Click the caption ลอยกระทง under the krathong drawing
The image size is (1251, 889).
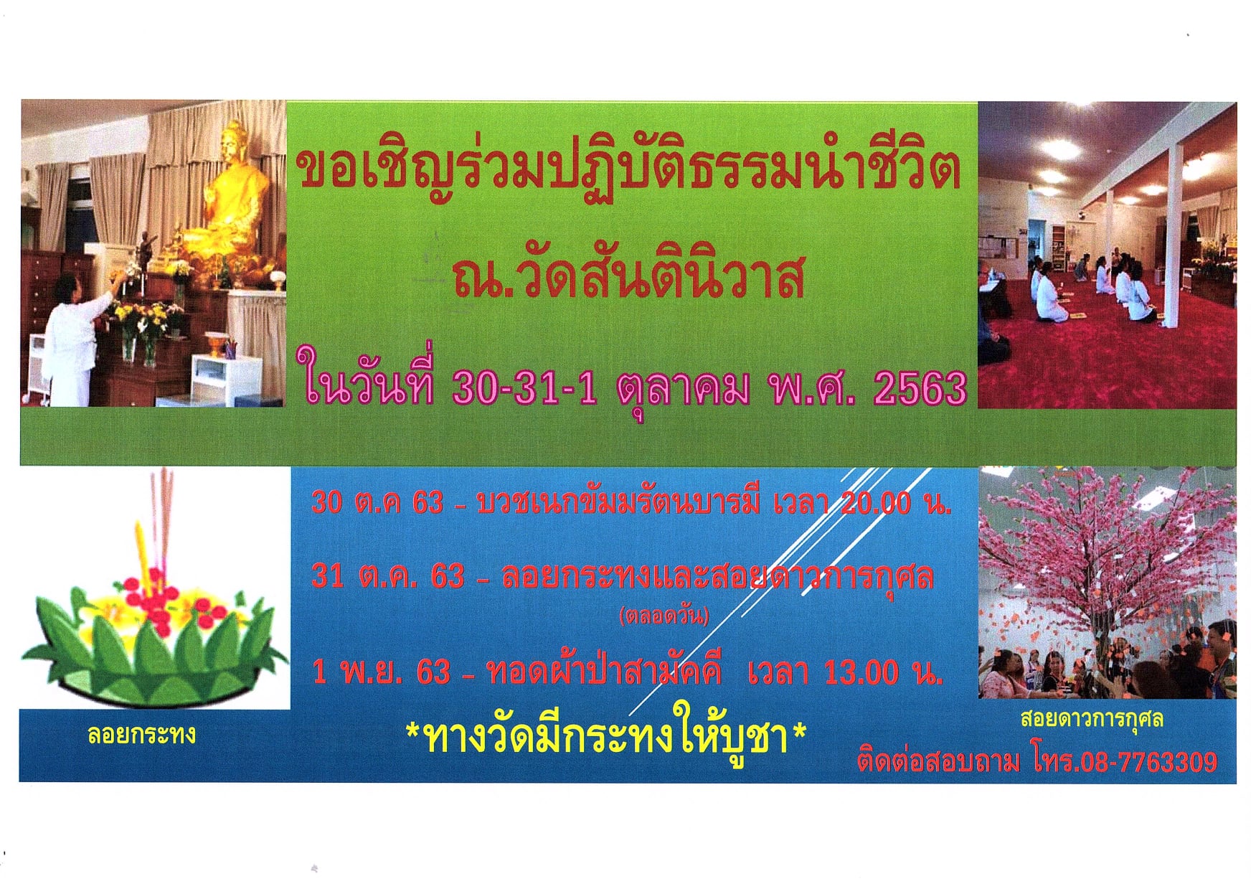pos(141,734)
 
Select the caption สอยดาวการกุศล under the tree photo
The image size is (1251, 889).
pos(1092,719)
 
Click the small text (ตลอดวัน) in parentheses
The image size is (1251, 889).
pos(664,616)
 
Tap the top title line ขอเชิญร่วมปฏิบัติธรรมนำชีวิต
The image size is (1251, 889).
pos(628,173)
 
